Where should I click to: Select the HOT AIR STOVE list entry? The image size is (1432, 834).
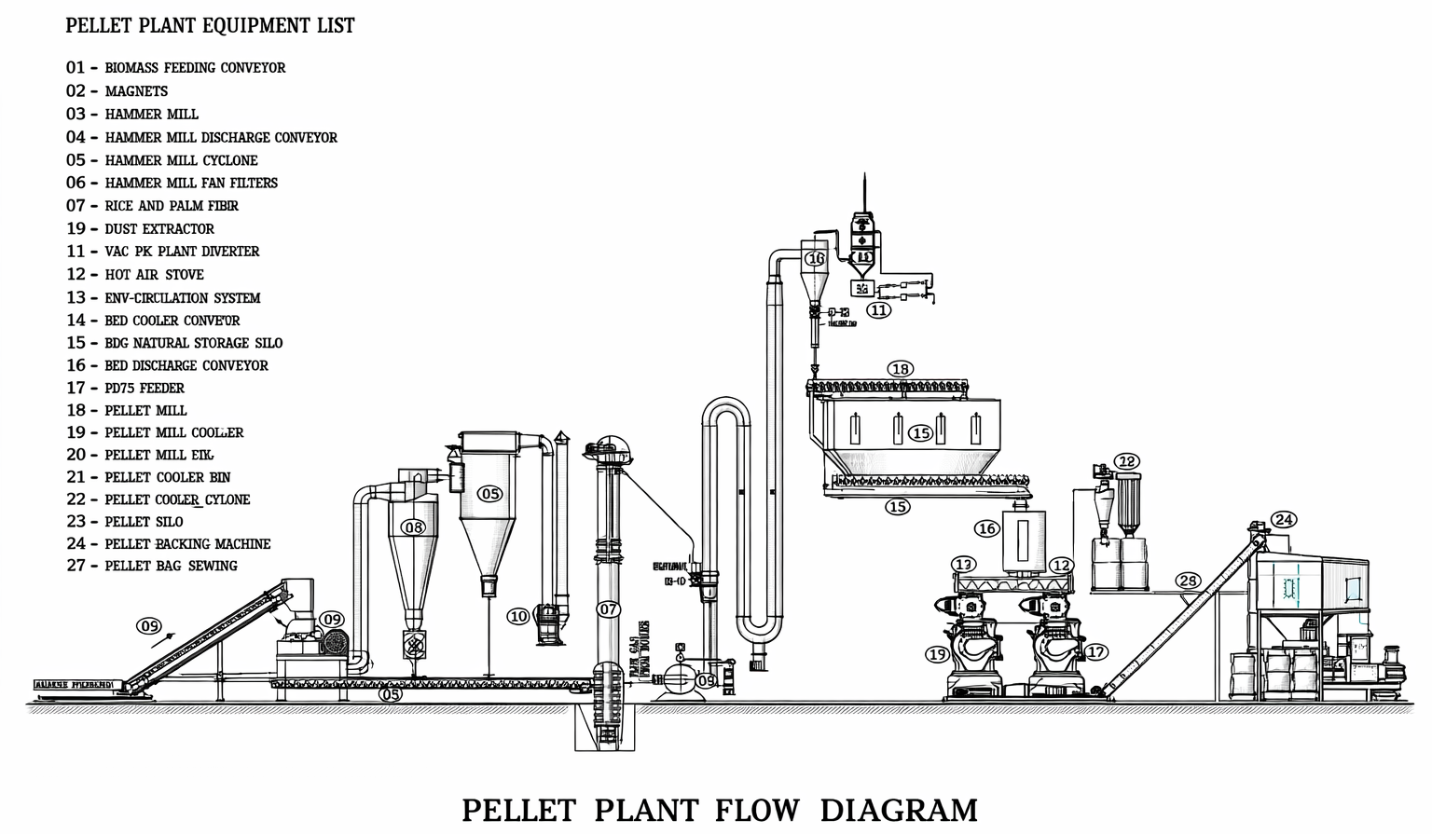(x=154, y=275)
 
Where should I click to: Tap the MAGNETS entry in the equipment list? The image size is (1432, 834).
(x=136, y=91)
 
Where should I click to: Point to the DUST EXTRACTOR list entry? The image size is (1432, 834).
(x=158, y=229)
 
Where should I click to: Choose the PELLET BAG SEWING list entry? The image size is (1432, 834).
(x=171, y=567)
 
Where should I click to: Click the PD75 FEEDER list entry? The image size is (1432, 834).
(x=145, y=389)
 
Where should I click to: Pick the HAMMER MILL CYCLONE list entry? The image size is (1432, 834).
(x=181, y=160)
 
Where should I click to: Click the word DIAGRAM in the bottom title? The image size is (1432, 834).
(x=899, y=809)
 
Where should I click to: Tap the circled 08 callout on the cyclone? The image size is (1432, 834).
(x=413, y=527)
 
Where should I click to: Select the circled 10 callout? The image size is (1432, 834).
(x=519, y=616)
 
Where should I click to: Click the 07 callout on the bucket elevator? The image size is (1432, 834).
(x=609, y=609)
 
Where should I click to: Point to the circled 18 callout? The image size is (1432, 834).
(x=900, y=369)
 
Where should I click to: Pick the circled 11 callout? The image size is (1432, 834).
(x=879, y=310)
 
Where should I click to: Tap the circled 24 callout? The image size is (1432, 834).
(x=1284, y=520)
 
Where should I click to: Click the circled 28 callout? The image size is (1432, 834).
(x=1188, y=581)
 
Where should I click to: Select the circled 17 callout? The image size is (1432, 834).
(x=1096, y=652)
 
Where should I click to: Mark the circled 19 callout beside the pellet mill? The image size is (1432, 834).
(x=937, y=654)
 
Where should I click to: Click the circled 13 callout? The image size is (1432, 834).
(x=963, y=565)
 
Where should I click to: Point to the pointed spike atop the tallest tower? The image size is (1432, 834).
(x=865, y=186)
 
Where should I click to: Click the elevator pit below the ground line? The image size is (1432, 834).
(x=603, y=727)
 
